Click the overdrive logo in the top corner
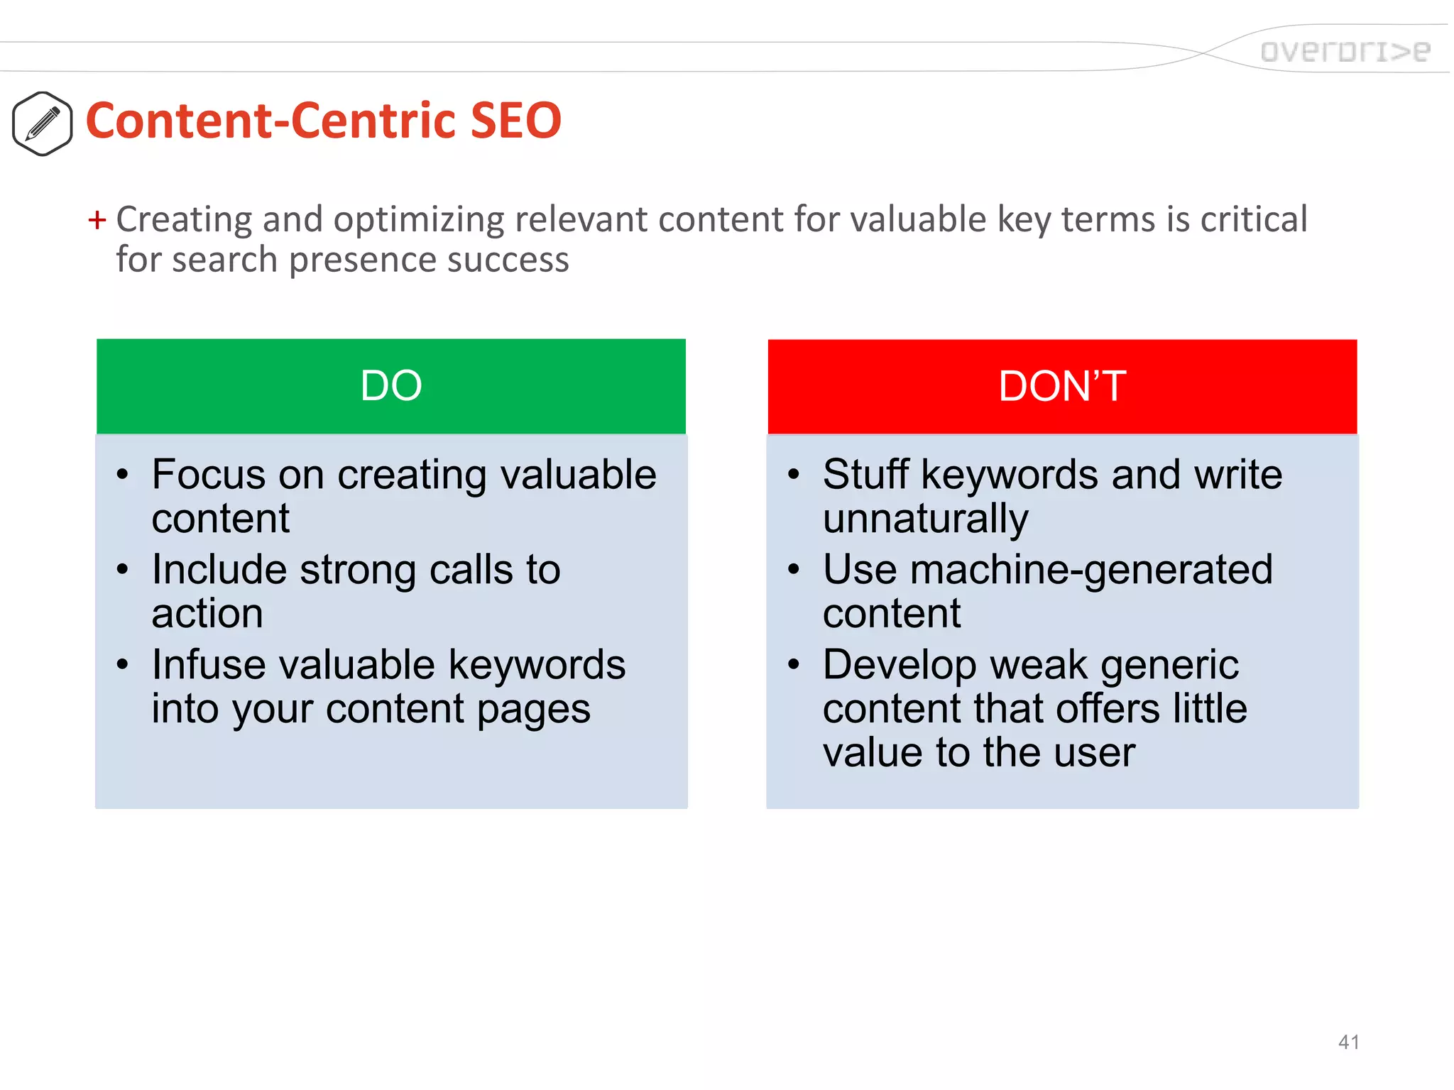click(x=1345, y=51)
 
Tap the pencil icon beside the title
click(x=43, y=123)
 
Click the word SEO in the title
click(x=515, y=121)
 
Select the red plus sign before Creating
click(x=97, y=220)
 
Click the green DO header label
click(x=391, y=386)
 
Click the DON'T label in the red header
click(x=1062, y=386)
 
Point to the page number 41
click(x=1348, y=1042)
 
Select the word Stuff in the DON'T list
click(x=865, y=474)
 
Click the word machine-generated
click(x=1091, y=570)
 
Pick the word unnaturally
click(x=925, y=519)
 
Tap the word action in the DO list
click(x=207, y=614)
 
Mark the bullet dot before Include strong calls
click(x=123, y=569)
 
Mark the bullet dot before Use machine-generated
click(x=794, y=569)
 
